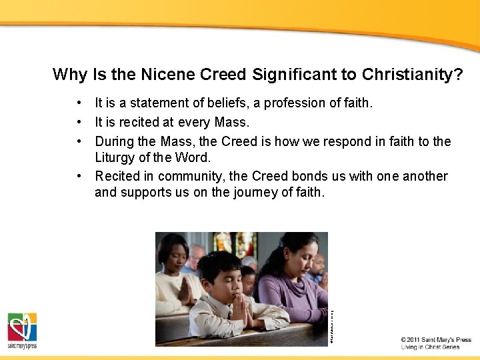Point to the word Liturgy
pos(117,158)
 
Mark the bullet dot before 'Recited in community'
pos(79,176)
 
